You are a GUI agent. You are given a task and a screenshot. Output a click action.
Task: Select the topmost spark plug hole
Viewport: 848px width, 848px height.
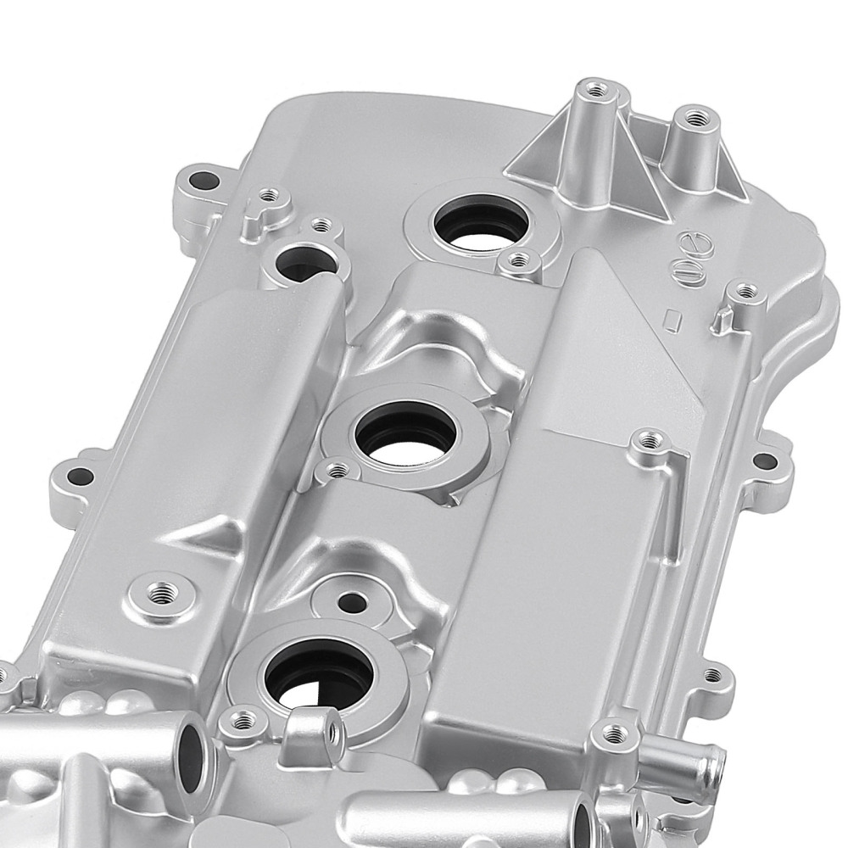[x=481, y=222]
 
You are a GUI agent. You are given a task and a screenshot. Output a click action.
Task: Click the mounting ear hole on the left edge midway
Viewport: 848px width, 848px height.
[x=80, y=477]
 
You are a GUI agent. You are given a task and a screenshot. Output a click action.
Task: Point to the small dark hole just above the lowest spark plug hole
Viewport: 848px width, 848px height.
[x=348, y=601]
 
